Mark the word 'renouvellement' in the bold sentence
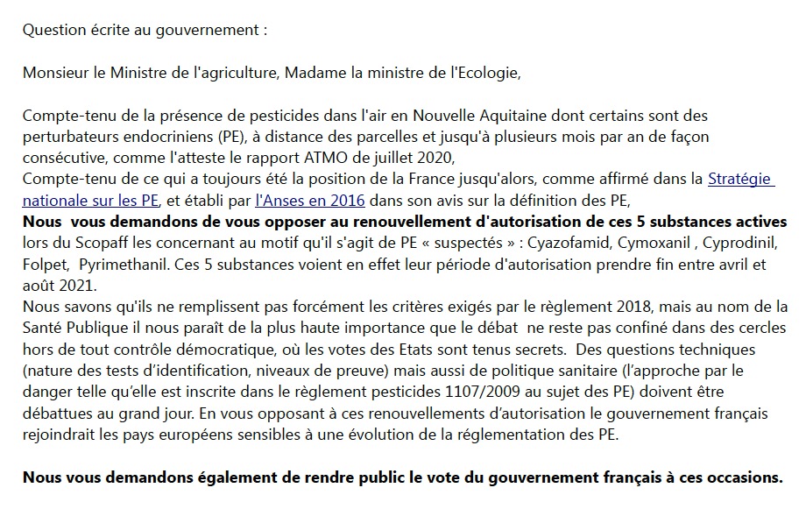[x=338, y=221]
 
